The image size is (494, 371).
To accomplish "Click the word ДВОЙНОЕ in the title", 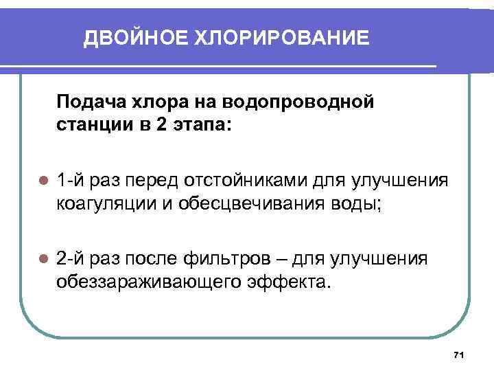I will tap(126, 38).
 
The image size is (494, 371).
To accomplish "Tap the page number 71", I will tap(460, 355).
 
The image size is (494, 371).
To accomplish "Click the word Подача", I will tap(88, 102).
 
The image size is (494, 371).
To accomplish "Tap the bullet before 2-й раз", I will tap(43, 259).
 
